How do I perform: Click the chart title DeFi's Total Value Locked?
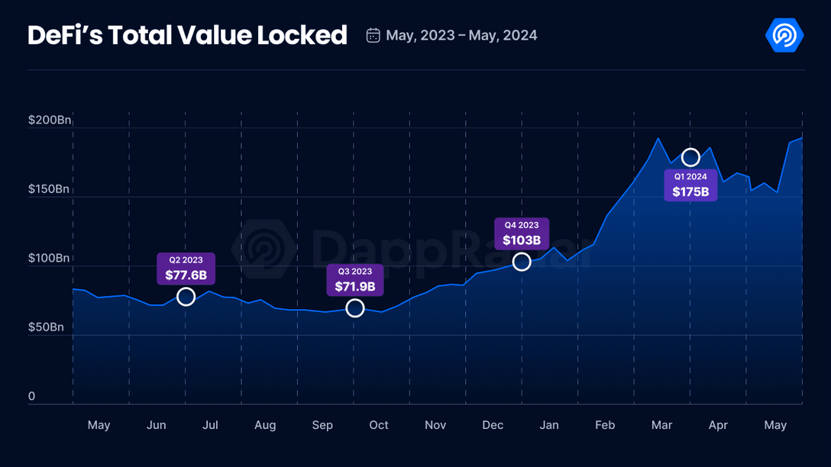tap(187, 35)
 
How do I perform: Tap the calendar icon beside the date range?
tap(373, 36)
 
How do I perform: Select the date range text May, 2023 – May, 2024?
tap(461, 36)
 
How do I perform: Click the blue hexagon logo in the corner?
tap(784, 35)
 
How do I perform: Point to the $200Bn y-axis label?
tap(49, 121)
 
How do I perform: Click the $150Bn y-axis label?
tap(49, 189)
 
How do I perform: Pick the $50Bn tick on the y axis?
tap(46, 327)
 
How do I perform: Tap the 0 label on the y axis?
tap(32, 396)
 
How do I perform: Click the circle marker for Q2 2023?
tap(186, 297)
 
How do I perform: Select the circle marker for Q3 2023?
tap(355, 308)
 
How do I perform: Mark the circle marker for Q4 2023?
tap(522, 262)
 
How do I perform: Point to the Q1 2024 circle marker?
tap(690, 157)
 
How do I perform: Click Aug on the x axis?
tap(265, 425)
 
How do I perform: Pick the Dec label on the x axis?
tap(493, 425)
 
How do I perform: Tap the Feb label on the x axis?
tap(605, 425)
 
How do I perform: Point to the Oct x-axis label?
tap(379, 425)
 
